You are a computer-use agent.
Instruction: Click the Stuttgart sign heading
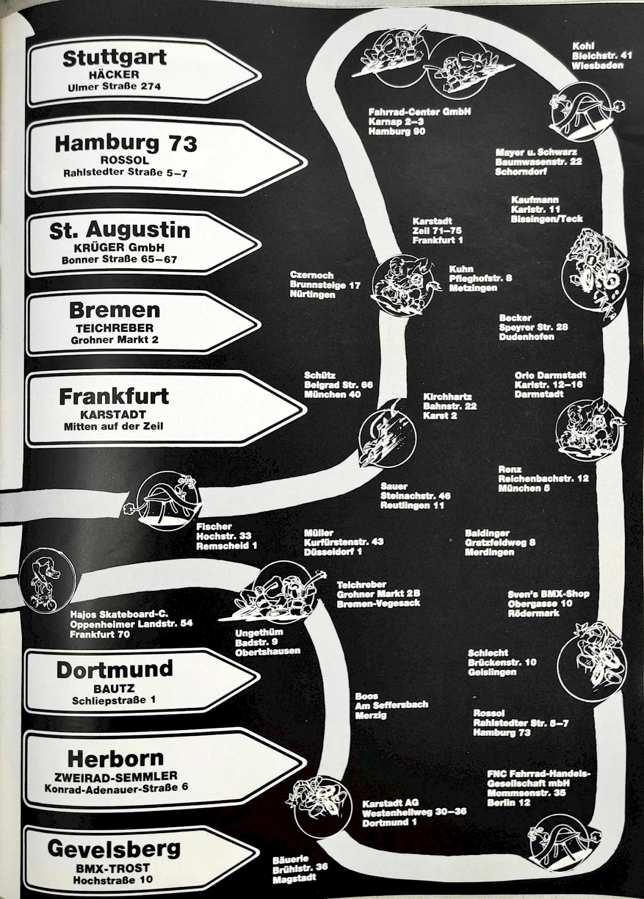coord(114,57)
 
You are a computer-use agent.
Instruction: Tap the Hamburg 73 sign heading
coord(126,143)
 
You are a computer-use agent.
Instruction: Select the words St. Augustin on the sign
coord(120,230)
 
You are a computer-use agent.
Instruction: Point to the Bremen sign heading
coord(114,310)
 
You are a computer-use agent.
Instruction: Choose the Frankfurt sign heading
coord(114,397)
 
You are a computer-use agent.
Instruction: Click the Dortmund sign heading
coord(114,669)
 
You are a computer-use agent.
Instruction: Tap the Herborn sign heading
coord(115,758)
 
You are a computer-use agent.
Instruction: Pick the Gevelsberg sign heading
coord(114,849)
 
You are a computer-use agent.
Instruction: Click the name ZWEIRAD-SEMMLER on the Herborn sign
coord(115,776)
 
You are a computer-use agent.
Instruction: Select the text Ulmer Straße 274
coord(114,86)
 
